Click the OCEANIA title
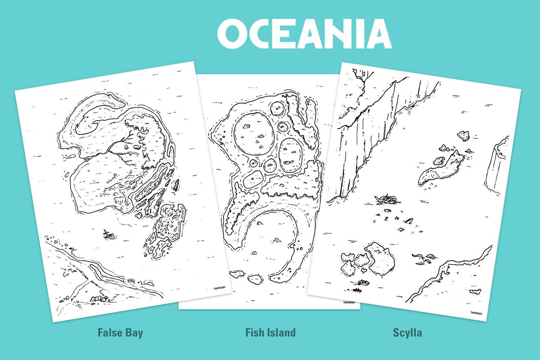point(304,35)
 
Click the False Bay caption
point(120,333)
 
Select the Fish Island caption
point(270,333)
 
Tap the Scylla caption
point(407,333)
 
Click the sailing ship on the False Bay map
point(109,234)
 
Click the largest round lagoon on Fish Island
point(252,134)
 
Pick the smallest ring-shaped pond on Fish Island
point(253,163)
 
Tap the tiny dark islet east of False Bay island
point(176,185)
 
